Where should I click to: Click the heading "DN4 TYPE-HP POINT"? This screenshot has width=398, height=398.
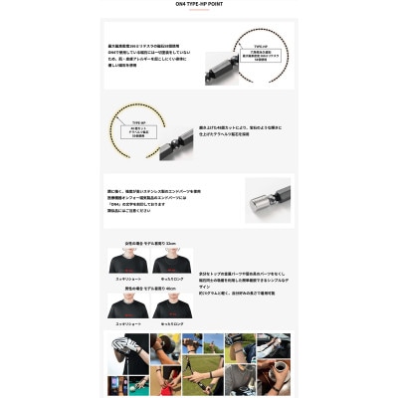coord(199,7)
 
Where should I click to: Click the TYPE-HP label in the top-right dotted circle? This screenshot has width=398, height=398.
coord(260,46)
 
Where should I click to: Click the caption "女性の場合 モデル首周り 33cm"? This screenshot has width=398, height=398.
coord(149,244)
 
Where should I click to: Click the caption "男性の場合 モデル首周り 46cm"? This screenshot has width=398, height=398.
coord(149,290)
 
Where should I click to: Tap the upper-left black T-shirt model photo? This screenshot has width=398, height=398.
coord(127,264)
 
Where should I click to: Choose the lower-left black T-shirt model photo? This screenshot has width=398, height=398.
coord(127,307)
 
